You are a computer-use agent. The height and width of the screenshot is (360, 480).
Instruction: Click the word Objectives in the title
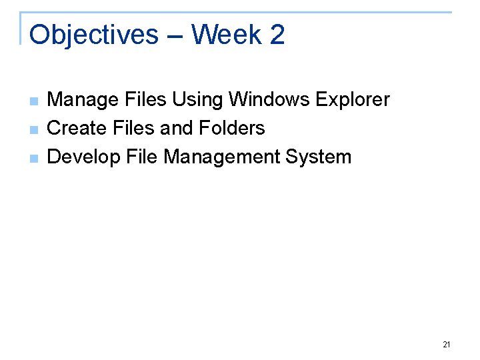94,35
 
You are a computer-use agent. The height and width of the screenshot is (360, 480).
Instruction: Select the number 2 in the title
277,35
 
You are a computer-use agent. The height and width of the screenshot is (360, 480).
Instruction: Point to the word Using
198,100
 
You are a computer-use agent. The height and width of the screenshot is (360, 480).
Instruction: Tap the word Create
76,128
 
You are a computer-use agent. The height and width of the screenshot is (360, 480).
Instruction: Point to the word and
177,128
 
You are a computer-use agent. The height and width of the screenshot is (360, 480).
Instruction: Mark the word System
318,157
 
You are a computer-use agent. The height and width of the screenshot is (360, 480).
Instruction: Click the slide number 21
446,345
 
